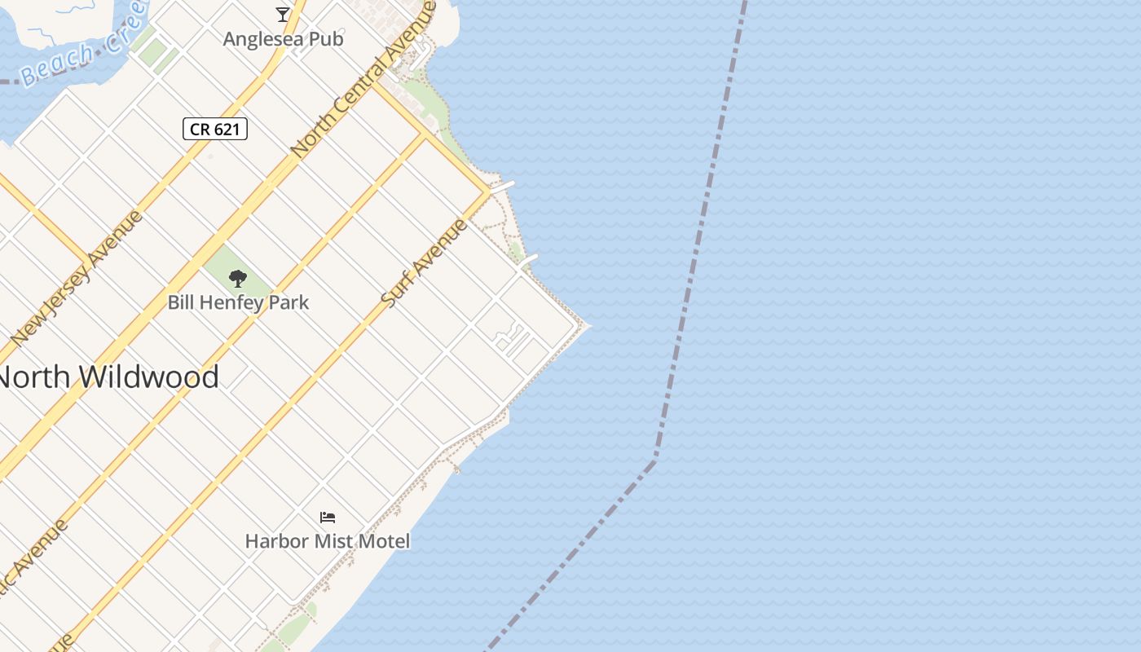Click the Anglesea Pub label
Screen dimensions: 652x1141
pos(283,38)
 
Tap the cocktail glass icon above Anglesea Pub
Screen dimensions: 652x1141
pos(283,14)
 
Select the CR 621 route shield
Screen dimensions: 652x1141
pos(215,129)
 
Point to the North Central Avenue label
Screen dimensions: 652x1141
pos(363,81)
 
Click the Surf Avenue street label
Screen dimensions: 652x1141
pos(425,262)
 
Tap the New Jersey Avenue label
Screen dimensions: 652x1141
pos(77,277)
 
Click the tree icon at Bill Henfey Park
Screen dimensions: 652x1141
pos(238,279)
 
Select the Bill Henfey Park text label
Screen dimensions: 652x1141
pos(238,302)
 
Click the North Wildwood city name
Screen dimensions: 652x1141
pos(108,377)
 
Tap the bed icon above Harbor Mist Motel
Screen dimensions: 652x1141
pos(328,518)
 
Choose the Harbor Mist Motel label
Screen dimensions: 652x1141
pos(328,540)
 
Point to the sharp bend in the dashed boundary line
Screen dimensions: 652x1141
pos(655,461)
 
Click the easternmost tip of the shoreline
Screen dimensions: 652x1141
pos(588,326)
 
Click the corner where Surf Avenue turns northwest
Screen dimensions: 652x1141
pos(489,192)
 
